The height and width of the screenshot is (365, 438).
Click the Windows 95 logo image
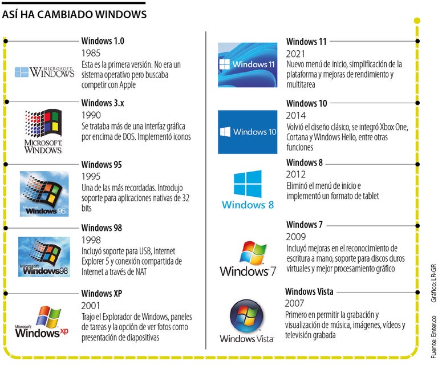tap(44, 193)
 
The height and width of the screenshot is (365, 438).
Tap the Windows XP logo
tap(42, 322)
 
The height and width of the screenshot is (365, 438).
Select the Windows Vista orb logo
tap(246, 321)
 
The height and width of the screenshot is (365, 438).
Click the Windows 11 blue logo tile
tap(248, 65)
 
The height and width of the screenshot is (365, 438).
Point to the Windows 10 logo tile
tap(248, 132)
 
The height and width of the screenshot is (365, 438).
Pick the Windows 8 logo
tap(248, 189)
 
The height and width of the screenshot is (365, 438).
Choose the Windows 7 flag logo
tap(248, 258)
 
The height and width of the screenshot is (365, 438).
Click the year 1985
tap(91, 53)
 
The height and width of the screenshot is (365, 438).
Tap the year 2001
tap(91, 306)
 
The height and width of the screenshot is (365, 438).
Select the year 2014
tap(296, 115)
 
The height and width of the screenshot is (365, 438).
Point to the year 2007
tap(294, 303)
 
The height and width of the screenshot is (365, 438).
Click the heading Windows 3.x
tap(103, 103)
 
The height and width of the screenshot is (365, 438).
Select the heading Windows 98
tap(102, 228)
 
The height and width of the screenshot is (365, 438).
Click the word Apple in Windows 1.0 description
tap(127, 85)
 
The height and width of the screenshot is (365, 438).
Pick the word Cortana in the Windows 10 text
tap(297, 137)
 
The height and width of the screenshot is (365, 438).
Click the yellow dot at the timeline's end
tap(417, 21)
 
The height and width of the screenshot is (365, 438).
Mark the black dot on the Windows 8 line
tap(417, 164)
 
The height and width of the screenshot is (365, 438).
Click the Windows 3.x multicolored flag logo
tap(43, 123)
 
